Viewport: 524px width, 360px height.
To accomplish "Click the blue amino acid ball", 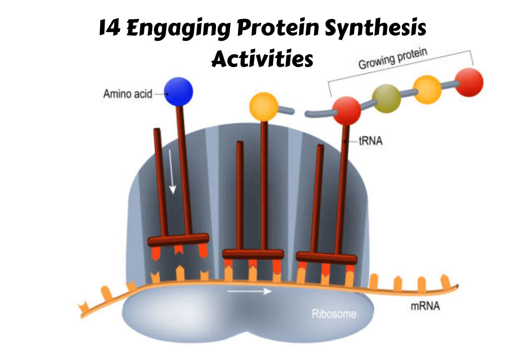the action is tap(179, 92).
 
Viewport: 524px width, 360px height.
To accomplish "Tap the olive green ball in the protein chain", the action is tap(386, 98).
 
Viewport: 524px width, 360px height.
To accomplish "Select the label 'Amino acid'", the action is tap(128, 94).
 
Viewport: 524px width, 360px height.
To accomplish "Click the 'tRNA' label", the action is tap(371, 141).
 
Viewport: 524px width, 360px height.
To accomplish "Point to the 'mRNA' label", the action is tap(425, 306).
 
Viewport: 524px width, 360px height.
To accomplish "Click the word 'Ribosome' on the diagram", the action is tap(334, 314).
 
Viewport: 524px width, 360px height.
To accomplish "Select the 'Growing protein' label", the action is tap(393, 58).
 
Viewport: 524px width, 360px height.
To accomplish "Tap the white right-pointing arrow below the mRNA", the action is tap(250, 291).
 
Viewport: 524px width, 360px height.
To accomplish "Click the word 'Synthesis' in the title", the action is tap(375, 28).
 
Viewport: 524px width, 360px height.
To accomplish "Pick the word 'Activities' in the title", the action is tap(262, 58).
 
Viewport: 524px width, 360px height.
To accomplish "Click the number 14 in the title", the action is tap(110, 27).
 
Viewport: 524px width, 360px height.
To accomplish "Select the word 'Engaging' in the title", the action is tap(179, 29).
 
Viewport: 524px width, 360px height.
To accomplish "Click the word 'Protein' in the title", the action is tap(278, 27).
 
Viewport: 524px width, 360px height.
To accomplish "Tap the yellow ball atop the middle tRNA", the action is tap(264, 107).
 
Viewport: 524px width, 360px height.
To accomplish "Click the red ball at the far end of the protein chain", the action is tap(469, 82).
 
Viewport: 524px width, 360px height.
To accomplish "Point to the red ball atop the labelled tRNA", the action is tap(347, 110).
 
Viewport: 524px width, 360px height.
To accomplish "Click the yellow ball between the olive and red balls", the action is tap(427, 89).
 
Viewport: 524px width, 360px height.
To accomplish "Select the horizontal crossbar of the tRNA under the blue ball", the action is tap(178, 239).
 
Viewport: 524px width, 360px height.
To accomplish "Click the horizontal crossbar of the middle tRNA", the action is tap(253, 254).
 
